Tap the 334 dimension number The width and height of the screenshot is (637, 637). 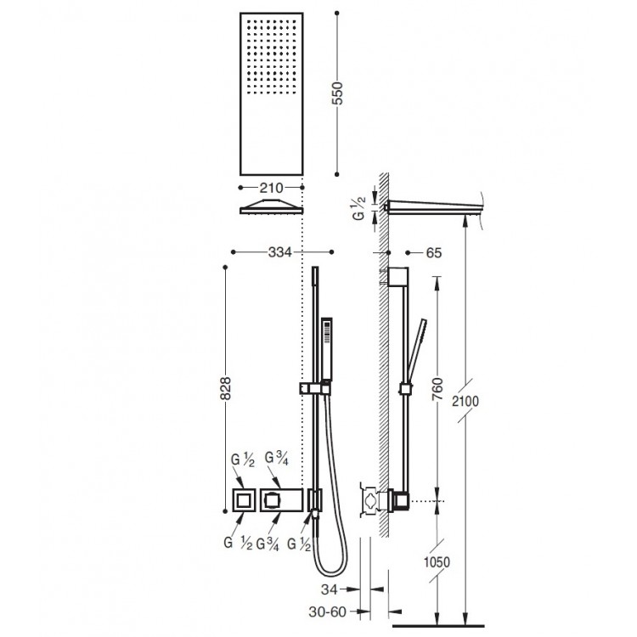[x=280, y=252]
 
